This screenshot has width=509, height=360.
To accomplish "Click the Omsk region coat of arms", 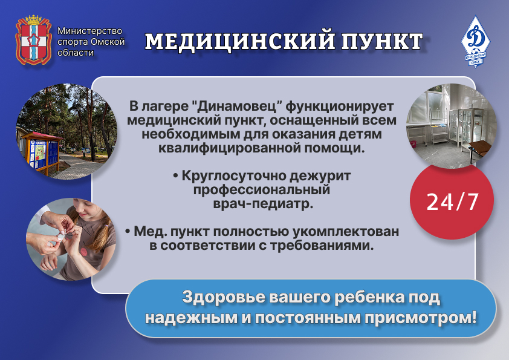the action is (34, 40).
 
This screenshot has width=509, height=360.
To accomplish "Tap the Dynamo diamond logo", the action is (475, 41).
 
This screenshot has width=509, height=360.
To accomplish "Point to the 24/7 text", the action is (452, 201).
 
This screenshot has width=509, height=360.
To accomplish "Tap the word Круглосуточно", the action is (233, 176).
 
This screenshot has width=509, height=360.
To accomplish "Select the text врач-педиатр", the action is (263, 204).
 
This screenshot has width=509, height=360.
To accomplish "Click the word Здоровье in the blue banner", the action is (223, 297).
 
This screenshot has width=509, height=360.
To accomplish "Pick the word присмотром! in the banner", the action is (420, 318).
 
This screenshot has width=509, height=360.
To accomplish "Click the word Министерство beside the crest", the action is (89, 31).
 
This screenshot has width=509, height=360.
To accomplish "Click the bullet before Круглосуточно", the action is (176, 176).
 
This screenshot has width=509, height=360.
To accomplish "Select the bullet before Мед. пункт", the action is (128, 232).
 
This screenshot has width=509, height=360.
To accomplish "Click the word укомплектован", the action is (346, 232).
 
